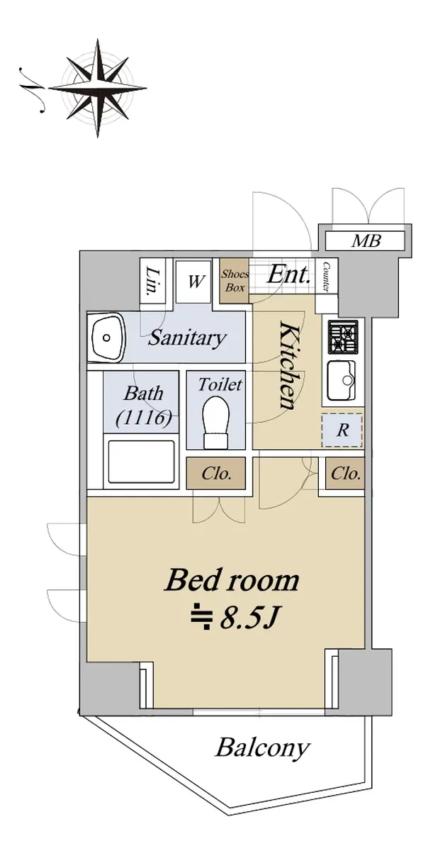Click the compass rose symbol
pyautogui.click(x=98, y=88)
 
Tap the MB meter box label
pyautogui.click(x=366, y=240)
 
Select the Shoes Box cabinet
pyautogui.click(x=235, y=280)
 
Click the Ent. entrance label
pyautogui.click(x=288, y=274)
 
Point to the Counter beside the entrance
pyautogui.click(x=326, y=276)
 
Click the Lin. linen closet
pyautogui.click(x=152, y=281)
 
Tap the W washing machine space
pyautogui.click(x=194, y=282)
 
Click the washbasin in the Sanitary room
pyautogui.click(x=108, y=338)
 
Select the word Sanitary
pyautogui.click(x=187, y=338)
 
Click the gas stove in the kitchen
pyautogui.click(x=343, y=336)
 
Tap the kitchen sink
pyautogui.click(x=342, y=380)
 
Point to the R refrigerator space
pyautogui.click(x=342, y=430)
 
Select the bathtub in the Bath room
pyautogui.click(x=141, y=462)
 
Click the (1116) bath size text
pyautogui.click(x=143, y=418)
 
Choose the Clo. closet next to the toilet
pyautogui.click(x=216, y=473)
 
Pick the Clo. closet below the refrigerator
pyautogui.click(x=345, y=473)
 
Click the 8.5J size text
pyautogui.click(x=235, y=619)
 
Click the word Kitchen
pyautogui.click(x=288, y=365)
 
